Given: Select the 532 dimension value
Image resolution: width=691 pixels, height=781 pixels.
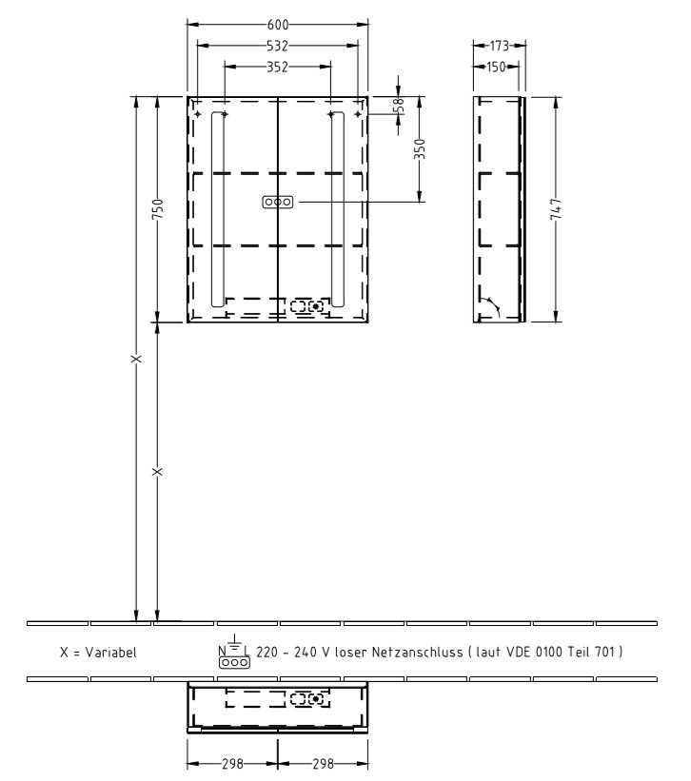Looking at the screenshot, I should coord(277,45).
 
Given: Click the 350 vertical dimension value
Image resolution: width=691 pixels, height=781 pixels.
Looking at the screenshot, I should coord(419,149).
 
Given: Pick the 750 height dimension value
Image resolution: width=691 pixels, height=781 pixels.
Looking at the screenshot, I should coord(158,208).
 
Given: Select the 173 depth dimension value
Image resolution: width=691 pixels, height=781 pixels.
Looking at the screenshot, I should coord(498,45).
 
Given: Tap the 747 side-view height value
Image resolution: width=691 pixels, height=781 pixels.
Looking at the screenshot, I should coord(557,208).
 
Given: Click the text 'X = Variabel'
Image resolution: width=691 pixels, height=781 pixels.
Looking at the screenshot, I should coord(98,653).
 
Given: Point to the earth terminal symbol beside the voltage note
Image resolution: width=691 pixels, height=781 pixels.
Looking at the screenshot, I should coord(234,644).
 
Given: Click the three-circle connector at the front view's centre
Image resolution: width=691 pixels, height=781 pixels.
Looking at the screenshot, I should coord(277,203).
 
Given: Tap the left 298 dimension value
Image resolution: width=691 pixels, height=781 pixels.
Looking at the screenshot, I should coord(231,763).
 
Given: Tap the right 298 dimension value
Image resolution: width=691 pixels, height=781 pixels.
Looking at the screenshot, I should coord(323,763).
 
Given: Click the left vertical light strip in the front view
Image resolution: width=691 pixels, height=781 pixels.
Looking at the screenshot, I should coord(218,207).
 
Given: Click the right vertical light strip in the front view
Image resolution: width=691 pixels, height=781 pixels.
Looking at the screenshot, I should coord(336,207).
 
